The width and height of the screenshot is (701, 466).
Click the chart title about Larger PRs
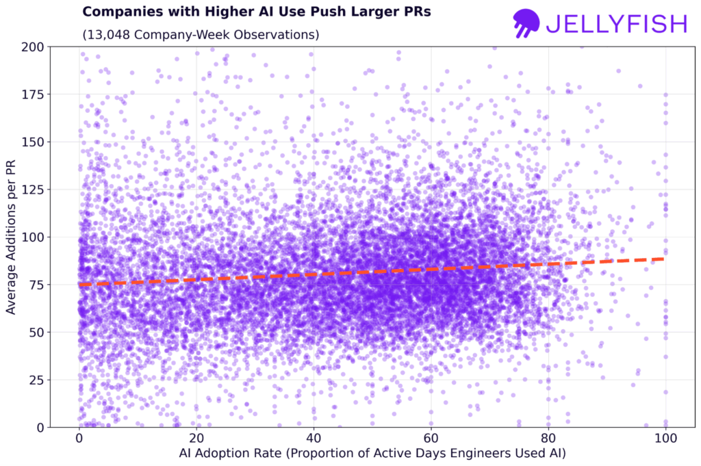click(x=256, y=12)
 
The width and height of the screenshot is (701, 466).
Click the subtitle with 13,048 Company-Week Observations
click(x=201, y=34)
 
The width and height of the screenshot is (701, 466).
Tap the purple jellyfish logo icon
click(x=526, y=23)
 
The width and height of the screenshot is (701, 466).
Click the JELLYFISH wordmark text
click(x=616, y=24)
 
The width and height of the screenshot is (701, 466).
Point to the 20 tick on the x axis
click(x=196, y=438)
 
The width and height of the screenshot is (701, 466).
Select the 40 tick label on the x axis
click(x=314, y=438)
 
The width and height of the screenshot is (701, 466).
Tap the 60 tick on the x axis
click(x=431, y=438)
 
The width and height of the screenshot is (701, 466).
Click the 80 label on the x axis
click(x=548, y=438)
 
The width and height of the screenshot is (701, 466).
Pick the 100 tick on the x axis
click(x=665, y=438)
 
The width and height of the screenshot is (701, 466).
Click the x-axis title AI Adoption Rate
click(x=372, y=453)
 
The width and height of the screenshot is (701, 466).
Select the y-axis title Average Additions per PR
click(x=12, y=236)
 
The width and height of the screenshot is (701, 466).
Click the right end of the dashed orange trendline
click(x=663, y=259)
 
